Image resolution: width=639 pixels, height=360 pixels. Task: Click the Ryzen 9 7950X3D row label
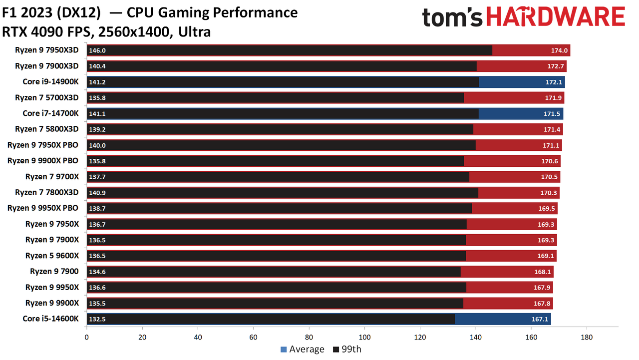click(47, 50)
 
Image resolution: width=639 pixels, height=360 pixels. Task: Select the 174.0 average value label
click(559, 50)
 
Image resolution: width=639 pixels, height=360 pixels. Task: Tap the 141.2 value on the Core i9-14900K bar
click(97, 82)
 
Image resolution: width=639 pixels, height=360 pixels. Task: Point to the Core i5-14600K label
click(50, 319)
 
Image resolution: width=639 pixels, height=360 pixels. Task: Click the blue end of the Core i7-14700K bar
click(521, 114)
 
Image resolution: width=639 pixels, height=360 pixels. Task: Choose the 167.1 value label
click(540, 319)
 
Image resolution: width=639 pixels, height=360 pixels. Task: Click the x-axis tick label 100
click(364, 337)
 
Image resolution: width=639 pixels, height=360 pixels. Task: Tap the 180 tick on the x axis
click(587, 337)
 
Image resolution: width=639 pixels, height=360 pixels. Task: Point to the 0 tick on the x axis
click(87, 337)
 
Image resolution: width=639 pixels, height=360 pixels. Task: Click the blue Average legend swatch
click(284, 350)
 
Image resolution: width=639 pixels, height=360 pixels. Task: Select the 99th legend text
click(351, 349)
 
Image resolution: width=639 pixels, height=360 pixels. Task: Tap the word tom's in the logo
click(452, 17)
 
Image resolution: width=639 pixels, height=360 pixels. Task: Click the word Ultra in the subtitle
click(195, 31)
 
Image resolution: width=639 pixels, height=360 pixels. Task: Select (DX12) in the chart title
click(79, 13)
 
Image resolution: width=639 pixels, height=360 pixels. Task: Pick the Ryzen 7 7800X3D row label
click(47, 193)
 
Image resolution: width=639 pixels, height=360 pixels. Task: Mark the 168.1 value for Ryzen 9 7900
click(543, 272)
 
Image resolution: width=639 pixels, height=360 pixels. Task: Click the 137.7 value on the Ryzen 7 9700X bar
click(97, 177)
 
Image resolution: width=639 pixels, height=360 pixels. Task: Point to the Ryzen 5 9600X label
click(52, 256)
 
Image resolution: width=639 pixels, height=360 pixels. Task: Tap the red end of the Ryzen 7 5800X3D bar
click(518, 129)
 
